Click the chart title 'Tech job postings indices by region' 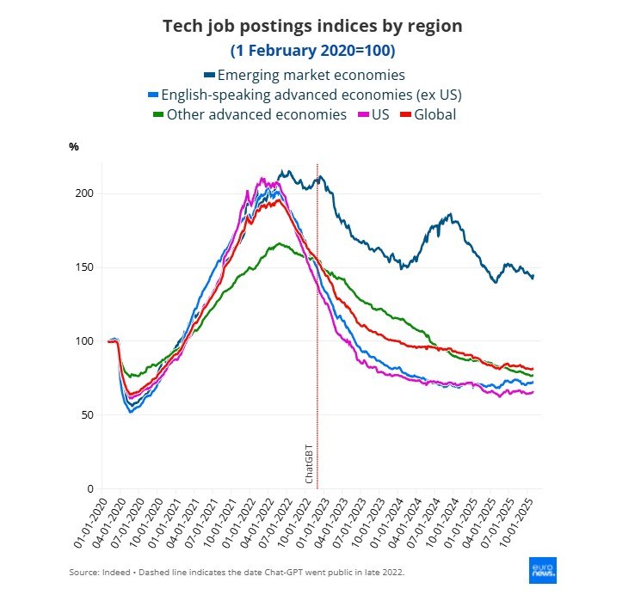tap(312, 26)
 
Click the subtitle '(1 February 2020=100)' tap(312, 51)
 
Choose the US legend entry tap(379, 113)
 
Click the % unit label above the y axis tap(74, 146)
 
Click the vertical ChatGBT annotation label tap(310, 464)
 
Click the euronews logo tap(543, 570)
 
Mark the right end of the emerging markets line tap(533, 276)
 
